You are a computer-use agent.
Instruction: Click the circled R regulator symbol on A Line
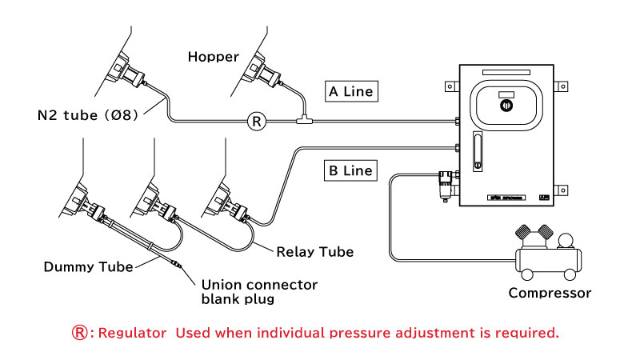click(x=257, y=122)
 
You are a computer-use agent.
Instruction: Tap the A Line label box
click(x=351, y=91)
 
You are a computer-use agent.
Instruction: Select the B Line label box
click(x=350, y=170)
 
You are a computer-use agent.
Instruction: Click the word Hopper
click(x=213, y=57)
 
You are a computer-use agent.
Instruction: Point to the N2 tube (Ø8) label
click(x=88, y=115)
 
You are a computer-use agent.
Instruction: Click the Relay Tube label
click(x=314, y=252)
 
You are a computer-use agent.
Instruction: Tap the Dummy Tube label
click(x=88, y=267)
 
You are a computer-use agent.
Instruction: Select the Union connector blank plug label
click(x=259, y=291)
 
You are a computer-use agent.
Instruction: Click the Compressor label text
click(x=550, y=293)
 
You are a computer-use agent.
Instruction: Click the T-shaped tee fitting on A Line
click(x=304, y=120)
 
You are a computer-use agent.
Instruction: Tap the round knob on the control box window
click(x=506, y=106)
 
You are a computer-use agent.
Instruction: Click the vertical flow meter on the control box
click(x=478, y=151)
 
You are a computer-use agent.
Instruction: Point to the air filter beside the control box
click(x=446, y=186)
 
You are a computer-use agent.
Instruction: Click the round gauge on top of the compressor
click(x=566, y=241)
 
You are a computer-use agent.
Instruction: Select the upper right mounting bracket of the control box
click(x=561, y=86)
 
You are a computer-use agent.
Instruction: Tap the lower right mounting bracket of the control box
click(x=561, y=190)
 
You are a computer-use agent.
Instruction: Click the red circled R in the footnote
click(x=79, y=333)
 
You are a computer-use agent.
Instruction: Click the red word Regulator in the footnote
click(x=132, y=333)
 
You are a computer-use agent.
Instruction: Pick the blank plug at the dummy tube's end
click(x=177, y=264)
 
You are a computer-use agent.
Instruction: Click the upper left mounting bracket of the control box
click(x=452, y=86)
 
